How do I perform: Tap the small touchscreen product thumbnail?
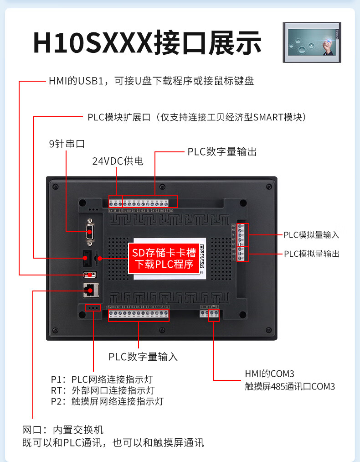[x=312, y=42]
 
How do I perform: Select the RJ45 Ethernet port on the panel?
[x=90, y=289]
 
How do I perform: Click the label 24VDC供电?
[x=118, y=161]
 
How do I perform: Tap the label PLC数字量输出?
[x=222, y=152]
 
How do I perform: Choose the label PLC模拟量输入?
[x=311, y=235]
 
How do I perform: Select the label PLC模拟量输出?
[x=311, y=254]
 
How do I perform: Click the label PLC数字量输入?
[x=143, y=357]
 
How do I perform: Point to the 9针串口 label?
[x=67, y=144]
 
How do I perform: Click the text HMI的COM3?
[x=266, y=374]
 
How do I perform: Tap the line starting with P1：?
[x=102, y=379]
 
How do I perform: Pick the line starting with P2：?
[x=107, y=401]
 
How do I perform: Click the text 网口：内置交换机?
[x=63, y=430]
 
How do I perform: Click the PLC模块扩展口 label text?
[x=196, y=117]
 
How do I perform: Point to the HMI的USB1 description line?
[x=151, y=81]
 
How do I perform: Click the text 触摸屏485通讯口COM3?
[x=290, y=386]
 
